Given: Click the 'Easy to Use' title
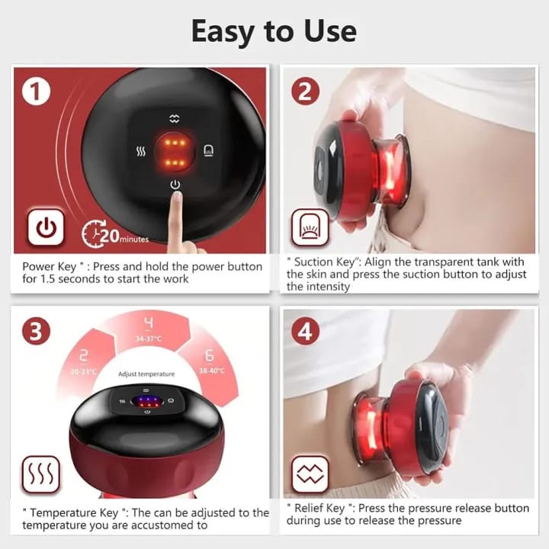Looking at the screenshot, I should tap(274, 31).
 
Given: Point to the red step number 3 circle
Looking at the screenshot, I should tap(36, 332).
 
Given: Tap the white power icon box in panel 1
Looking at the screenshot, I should tap(46, 226).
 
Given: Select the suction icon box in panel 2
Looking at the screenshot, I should tap(310, 226).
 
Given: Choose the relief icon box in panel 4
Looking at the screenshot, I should tap(310, 474).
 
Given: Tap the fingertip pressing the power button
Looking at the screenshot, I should tap(176, 200).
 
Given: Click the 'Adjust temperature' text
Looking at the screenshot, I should tap(146, 374).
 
